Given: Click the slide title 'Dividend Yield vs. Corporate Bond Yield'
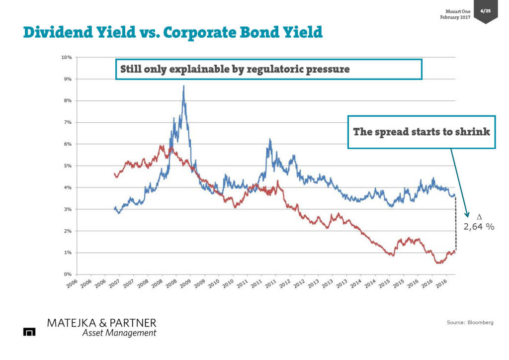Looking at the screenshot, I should pos(172,32).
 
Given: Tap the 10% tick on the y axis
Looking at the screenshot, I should pos(67,57).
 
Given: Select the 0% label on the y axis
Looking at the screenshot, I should pos(68,274).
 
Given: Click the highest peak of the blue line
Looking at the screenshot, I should pos(184,86).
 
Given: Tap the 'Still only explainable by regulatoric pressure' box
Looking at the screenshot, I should pos(268,70).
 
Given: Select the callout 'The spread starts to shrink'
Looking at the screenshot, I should pos(422,132).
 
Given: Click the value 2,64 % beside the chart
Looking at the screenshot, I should pos(479,227).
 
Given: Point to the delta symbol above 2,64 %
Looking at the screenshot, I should pos(479,217).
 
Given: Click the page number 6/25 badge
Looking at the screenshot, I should pos(485,10).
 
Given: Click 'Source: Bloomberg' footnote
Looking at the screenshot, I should pos(470,323).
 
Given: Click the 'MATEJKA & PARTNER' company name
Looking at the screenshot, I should pos(101,323).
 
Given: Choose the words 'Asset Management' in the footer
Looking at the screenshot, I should pos(119,333).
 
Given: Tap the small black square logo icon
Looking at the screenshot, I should pos(29,332).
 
